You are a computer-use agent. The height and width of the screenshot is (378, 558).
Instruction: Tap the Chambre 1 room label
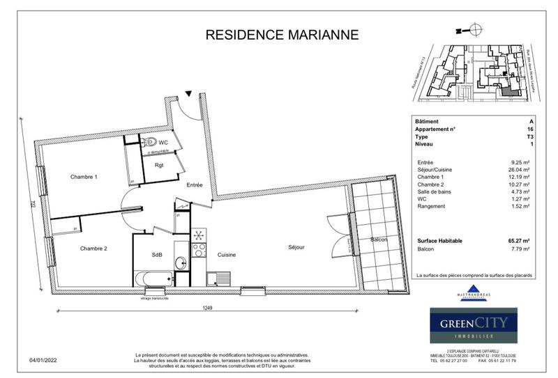84,177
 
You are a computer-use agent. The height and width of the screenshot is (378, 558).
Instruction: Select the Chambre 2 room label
93,249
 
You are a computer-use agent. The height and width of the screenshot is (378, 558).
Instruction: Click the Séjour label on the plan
297,247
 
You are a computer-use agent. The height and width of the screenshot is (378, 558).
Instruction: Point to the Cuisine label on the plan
227,255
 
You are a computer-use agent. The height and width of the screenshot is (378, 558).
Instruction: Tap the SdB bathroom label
157,255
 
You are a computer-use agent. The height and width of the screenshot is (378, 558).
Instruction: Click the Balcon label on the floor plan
379,239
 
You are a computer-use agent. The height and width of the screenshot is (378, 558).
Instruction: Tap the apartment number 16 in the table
531,129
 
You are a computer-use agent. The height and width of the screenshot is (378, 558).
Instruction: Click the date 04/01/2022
43,360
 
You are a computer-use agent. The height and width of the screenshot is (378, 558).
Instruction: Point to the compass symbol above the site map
474,29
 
